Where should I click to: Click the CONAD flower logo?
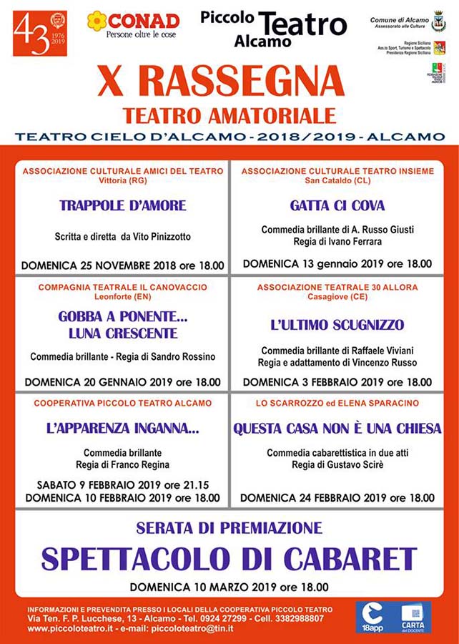click(x=97, y=21)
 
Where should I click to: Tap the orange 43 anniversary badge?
click(x=40, y=34)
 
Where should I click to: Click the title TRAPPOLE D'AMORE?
click(x=123, y=205)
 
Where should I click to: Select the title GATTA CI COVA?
click(x=337, y=205)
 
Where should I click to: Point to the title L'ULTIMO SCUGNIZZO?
click(x=337, y=324)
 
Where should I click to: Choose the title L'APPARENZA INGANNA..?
click(x=122, y=429)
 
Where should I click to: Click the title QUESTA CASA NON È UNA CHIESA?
click(x=337, y=429)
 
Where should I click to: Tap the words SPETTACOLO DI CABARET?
click(x=229, y=559)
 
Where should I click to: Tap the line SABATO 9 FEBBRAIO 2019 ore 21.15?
click(x=122, y=484)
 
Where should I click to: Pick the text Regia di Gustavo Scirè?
click(x=337, y=465)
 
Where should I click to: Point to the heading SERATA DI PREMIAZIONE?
click(x=229, y=529)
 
